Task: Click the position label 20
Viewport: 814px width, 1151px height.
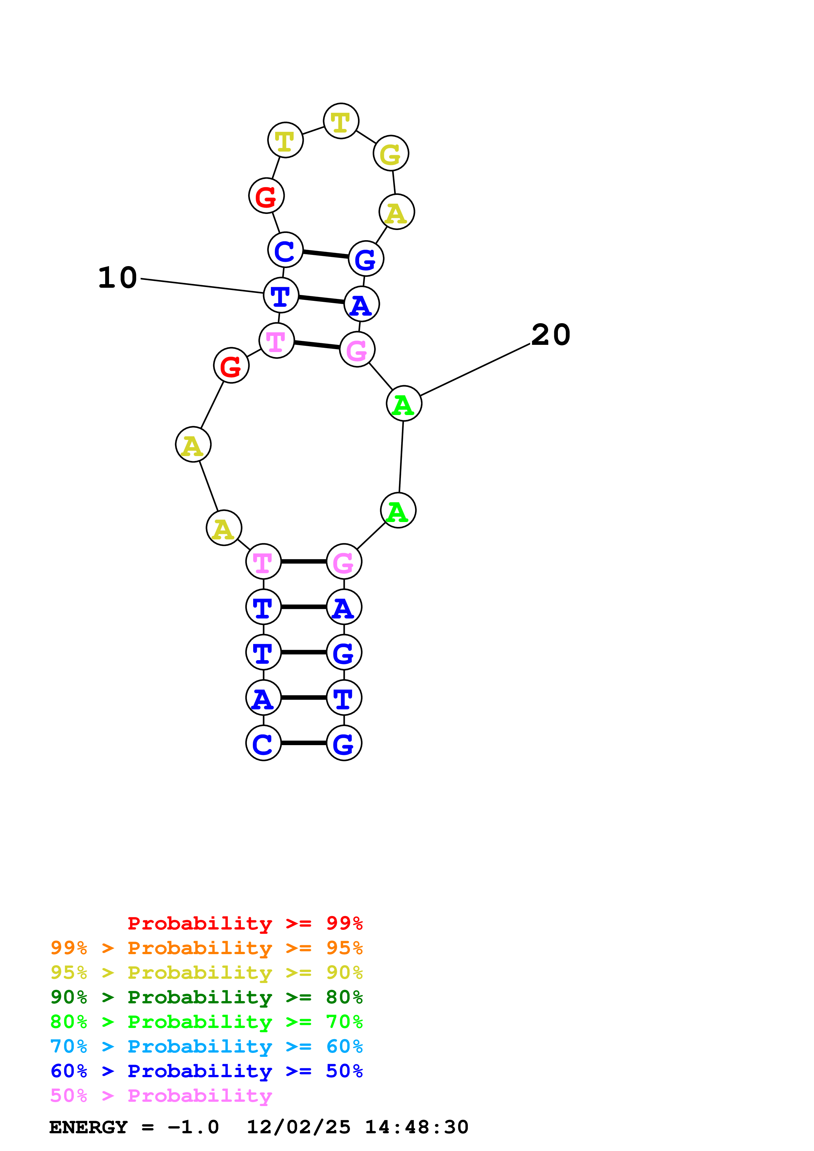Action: pos(551,335)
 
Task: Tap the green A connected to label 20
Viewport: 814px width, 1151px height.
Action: pos(404,404)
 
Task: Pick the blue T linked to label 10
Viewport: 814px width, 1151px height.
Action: pos(281,295)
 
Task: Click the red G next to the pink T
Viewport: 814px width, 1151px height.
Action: pos(231,366)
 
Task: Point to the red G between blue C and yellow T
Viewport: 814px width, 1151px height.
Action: pos(266,196)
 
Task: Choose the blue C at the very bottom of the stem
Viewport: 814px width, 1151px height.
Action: pos(263,743)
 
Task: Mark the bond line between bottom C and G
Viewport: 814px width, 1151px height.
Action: pos(303,743)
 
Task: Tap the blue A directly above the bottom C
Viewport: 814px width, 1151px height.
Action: pos(263,698)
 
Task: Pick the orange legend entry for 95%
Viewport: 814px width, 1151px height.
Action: pos(207,948)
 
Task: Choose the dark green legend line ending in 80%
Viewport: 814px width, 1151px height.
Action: pos(207,997)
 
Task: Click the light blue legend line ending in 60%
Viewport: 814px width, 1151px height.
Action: pos(207,1046)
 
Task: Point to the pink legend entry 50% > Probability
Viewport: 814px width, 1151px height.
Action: pos(161,1095)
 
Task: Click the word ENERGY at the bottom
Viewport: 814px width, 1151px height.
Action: pos(88,1127)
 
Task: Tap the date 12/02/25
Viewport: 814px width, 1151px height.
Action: pos(298,1127)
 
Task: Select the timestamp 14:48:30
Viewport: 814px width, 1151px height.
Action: pos(416,1127)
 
